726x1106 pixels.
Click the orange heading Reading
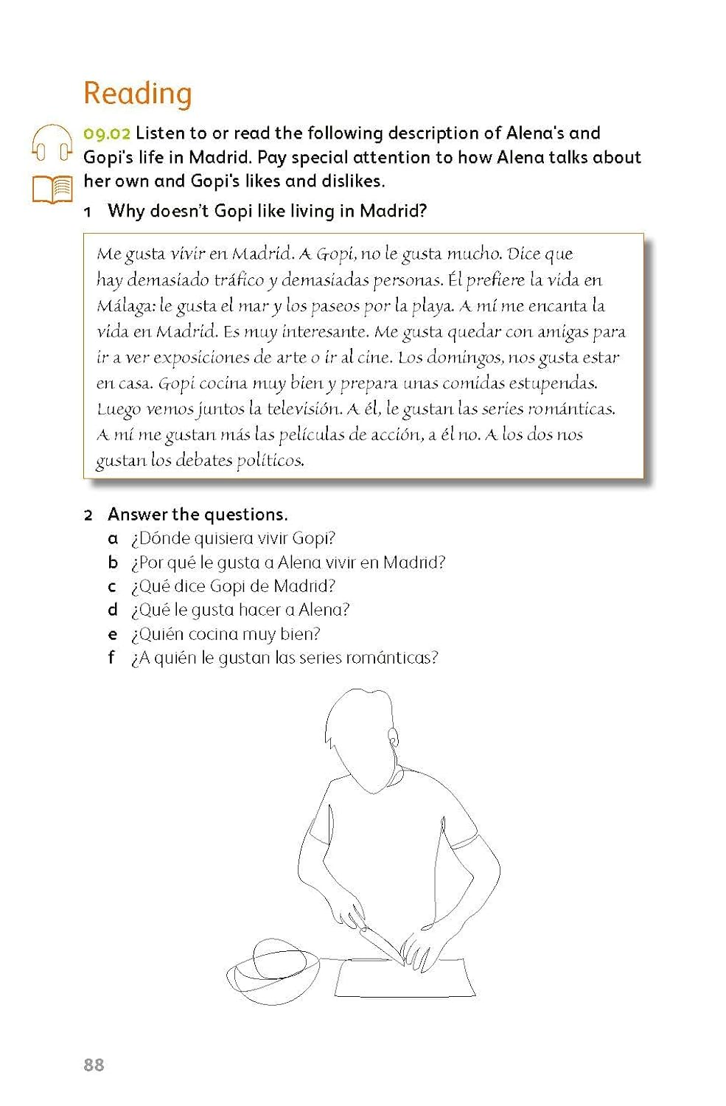138,94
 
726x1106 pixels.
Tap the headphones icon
52,142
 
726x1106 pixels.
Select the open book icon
52,189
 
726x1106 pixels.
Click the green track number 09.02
107,133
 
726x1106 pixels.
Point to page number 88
94,1065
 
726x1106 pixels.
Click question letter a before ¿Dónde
113,538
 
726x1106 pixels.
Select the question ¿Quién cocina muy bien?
226,634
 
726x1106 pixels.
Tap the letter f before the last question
111,658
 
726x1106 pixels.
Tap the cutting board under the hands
405,978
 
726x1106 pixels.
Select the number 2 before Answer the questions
88,515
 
